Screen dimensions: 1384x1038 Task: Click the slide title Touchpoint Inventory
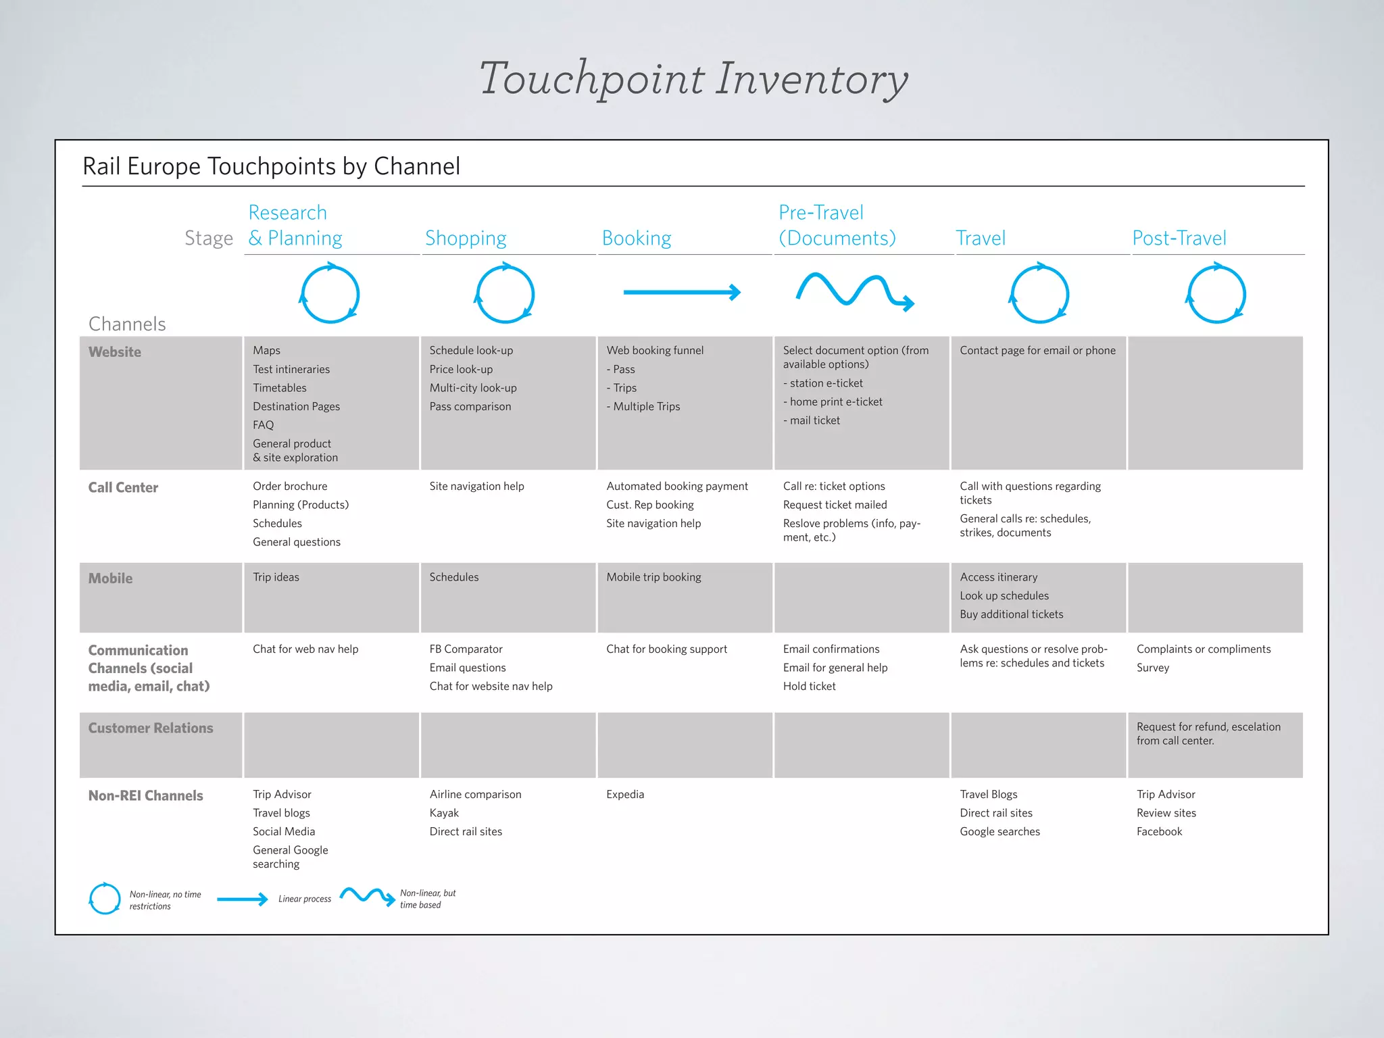(x=693, y=79)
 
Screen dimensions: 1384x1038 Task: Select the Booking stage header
(x=636, y=238)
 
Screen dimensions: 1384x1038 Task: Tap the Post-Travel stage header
(x=1179, y=238)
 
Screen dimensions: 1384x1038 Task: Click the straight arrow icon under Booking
(x=681, y=293)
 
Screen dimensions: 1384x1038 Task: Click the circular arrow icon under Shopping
(x=505, y=294)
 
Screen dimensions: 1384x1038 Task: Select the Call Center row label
(x=123, y=487)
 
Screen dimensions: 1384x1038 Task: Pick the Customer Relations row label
(x=151, y=728)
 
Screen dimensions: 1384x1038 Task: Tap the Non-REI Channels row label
(x=145, y=795)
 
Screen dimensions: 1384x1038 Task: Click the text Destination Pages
(x=296, y=406)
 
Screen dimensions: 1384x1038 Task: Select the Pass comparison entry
(x=470, y=406)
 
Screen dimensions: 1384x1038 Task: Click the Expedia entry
(x=625, y=794)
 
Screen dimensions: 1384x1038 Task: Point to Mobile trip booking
(x=653, y=577)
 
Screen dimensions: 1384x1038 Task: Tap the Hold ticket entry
(x=809, y=686)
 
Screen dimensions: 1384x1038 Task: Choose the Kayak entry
(x=444, y=813)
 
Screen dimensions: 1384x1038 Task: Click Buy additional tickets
(x=1011, y=614)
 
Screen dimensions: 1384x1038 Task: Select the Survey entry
(x=1152, y=668)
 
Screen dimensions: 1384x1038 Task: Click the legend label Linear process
(x=305, y=899)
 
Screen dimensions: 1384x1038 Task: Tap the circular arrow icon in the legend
(x=105, y=899)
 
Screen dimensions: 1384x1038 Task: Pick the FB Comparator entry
(x=466, y=649)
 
